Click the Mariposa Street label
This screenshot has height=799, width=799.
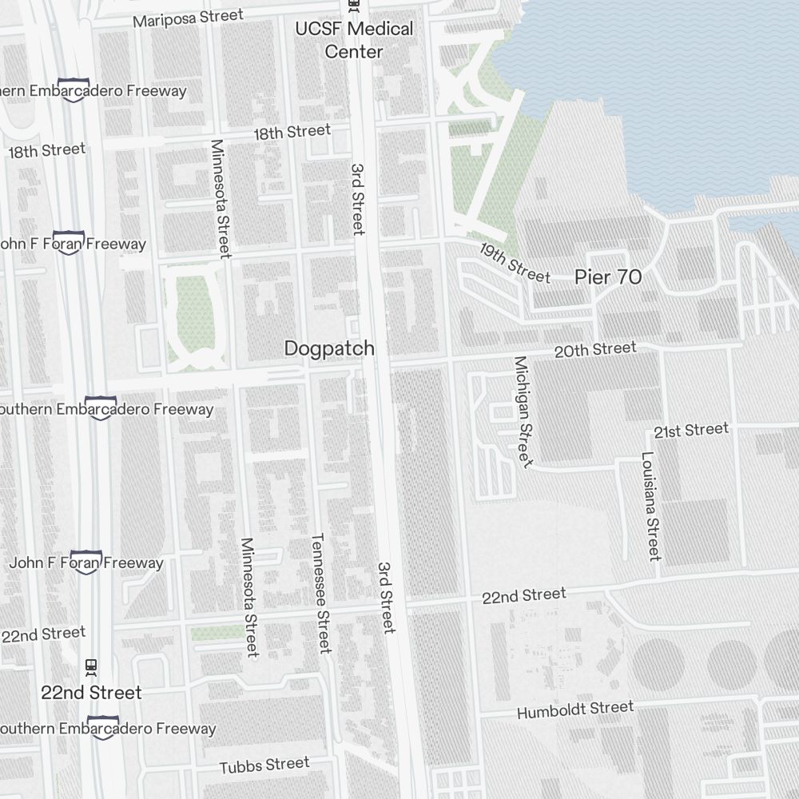point(188,18)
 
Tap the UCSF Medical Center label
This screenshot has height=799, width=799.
point(354,40)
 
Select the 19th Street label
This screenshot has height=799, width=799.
point(515,262)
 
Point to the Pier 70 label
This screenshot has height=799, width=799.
point(608,277)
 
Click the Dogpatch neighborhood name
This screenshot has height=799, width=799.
point(329,348)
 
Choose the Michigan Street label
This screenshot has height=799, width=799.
point(523,411)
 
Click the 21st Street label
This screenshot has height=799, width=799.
point(691,431)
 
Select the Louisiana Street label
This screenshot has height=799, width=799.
point(650,507)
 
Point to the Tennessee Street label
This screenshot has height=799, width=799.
point(320,593)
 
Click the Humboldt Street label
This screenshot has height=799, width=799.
point(575,710)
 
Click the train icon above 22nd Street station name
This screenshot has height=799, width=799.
point(91,666)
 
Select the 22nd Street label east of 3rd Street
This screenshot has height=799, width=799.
point(524,595)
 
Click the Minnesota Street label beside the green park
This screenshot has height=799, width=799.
point(220,199)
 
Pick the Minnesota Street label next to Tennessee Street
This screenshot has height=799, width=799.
point(250,596)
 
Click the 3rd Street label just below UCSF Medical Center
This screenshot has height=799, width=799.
point(357,200)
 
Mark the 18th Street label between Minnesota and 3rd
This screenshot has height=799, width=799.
point(292,132)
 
